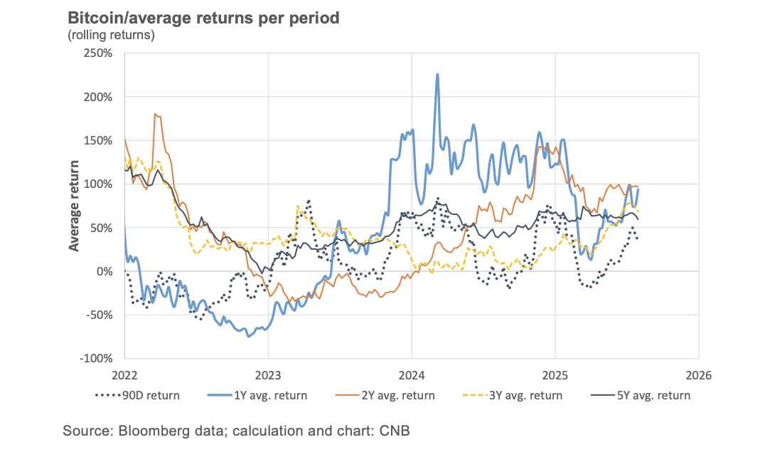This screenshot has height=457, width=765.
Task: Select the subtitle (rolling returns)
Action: point(111,35)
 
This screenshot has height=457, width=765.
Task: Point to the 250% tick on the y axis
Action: point(99,53)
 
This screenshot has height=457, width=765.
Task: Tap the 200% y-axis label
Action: point(99,97)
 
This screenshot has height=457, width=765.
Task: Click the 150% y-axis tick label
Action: point(99,140)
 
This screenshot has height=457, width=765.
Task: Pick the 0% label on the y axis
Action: point(105,271)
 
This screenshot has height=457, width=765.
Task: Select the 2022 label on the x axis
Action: point(124,373)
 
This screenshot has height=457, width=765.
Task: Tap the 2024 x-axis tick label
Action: point(412,373)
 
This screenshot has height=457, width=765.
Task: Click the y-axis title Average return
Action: point(74,206)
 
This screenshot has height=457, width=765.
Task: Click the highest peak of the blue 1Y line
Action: point(437,74)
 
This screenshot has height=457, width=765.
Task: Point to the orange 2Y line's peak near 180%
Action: point(156,114)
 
